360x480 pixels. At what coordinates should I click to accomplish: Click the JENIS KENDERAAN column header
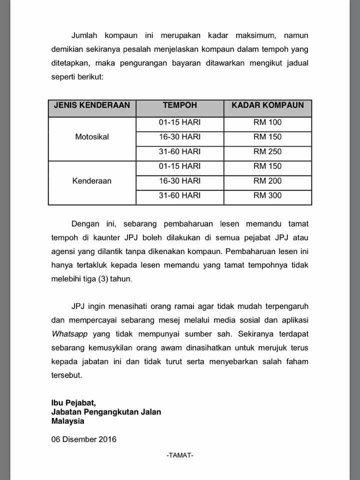pyautogui.click(x=91, y=105)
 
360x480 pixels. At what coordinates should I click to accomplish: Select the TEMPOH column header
pyautogui.click(x=180, y=105)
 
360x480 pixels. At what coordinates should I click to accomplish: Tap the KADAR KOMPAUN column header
pyautogui.click(x=267, y=105)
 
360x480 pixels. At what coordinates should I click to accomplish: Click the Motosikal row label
pyautogui.click(x=91, y=136)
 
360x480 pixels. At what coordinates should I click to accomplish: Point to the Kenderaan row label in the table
pyautogui.click(x=91, y=181)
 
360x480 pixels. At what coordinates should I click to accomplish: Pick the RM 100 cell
pyautogui.click(x=267, y=121)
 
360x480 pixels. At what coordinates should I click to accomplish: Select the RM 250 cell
pyautogui.click(x=267, y=151)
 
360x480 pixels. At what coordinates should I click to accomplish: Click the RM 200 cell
pyautogui.click(x=267, y=181)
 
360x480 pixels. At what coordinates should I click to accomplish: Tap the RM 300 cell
pyautogui.click(x=267, y=195)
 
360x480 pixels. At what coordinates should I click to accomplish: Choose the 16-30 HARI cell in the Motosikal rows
pyautogui.click(x=180, y=136)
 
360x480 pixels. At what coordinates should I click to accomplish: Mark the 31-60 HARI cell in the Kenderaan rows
pyautogui.click(x=180, y=195)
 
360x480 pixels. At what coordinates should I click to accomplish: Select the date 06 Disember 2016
pyautogui.click(x=83, y=439)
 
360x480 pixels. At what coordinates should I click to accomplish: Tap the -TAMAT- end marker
pyautogui.click(x=180, y=455)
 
